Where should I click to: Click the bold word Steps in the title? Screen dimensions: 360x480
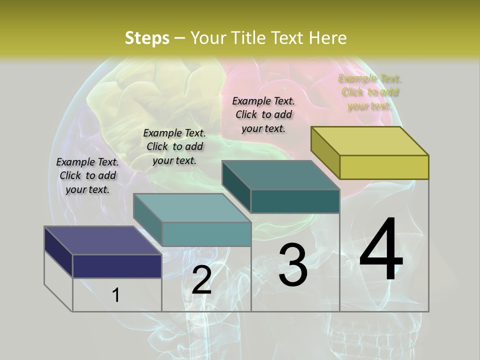point(147,38)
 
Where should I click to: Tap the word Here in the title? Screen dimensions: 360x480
point(328,38)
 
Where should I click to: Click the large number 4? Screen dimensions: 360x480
point(381,250)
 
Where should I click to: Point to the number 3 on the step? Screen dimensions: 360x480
point(293,265)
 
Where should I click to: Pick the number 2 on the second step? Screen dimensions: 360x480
point(201,280)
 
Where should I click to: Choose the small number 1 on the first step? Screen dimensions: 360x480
point(116,295)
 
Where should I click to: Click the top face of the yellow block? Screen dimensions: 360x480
point(370,141)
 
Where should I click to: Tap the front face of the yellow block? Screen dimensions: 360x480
point(384,167)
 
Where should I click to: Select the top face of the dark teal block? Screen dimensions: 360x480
point(281,175)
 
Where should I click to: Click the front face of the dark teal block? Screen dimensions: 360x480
point(295,201)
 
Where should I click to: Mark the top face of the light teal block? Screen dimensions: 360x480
point(192,208)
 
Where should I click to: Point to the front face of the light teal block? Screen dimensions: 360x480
point(206,234)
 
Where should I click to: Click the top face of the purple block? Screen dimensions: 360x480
point(103,240)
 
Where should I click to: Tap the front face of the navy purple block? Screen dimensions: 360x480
point(117,266)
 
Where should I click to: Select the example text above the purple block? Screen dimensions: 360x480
point(87,175)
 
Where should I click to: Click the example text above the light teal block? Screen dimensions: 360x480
point(174,146)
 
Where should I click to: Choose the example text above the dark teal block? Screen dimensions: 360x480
point(263,114)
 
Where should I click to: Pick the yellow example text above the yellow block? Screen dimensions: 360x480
point(369,92)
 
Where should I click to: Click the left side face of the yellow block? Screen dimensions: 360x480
point(325,153)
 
